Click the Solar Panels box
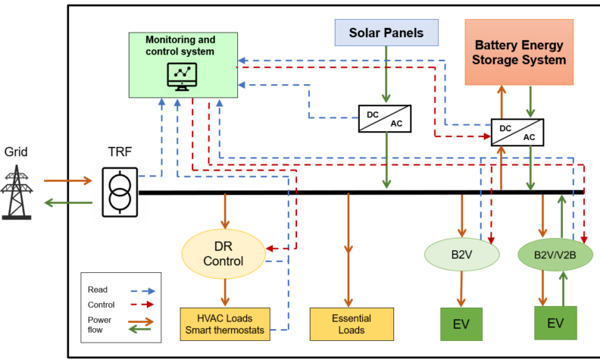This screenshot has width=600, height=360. [386, 33]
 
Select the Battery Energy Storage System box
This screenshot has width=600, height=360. [519, 52]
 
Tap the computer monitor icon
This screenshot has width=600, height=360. [182, 77]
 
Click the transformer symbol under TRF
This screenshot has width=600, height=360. [120, 193]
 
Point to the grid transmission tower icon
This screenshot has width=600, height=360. [17, 192]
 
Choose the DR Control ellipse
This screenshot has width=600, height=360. [223, 254]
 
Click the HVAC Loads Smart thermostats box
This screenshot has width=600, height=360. [225, 324]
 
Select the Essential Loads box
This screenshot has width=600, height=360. [352, 324]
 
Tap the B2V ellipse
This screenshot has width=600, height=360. [462, 255]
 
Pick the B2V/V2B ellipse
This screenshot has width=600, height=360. [555, 255]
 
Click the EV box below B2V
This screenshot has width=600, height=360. [461, 324]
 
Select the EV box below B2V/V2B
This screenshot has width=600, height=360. [555, 323]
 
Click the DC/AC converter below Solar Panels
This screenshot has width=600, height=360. [385, 119]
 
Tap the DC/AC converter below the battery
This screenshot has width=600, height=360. [517, 132]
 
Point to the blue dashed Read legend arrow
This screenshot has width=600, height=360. [142, 291]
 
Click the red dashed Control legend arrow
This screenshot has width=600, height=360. [142, 305]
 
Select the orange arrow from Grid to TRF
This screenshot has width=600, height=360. [68, 180]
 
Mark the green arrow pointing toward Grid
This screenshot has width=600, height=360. [68, 202]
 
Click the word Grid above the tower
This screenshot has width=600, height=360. [16, 152]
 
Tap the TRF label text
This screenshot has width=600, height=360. [120, 152]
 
